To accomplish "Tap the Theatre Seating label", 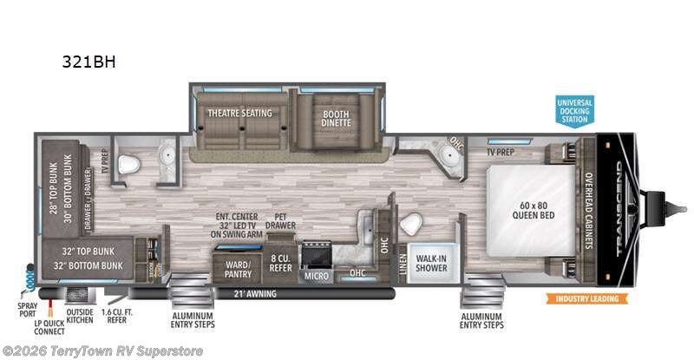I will pos(239,113).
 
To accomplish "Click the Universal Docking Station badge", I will pos(574,113).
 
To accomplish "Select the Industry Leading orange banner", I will pos(587,299).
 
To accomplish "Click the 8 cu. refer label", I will pos(280,263).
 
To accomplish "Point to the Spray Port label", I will pos(26,311).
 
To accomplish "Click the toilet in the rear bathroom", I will pos(129,164).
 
